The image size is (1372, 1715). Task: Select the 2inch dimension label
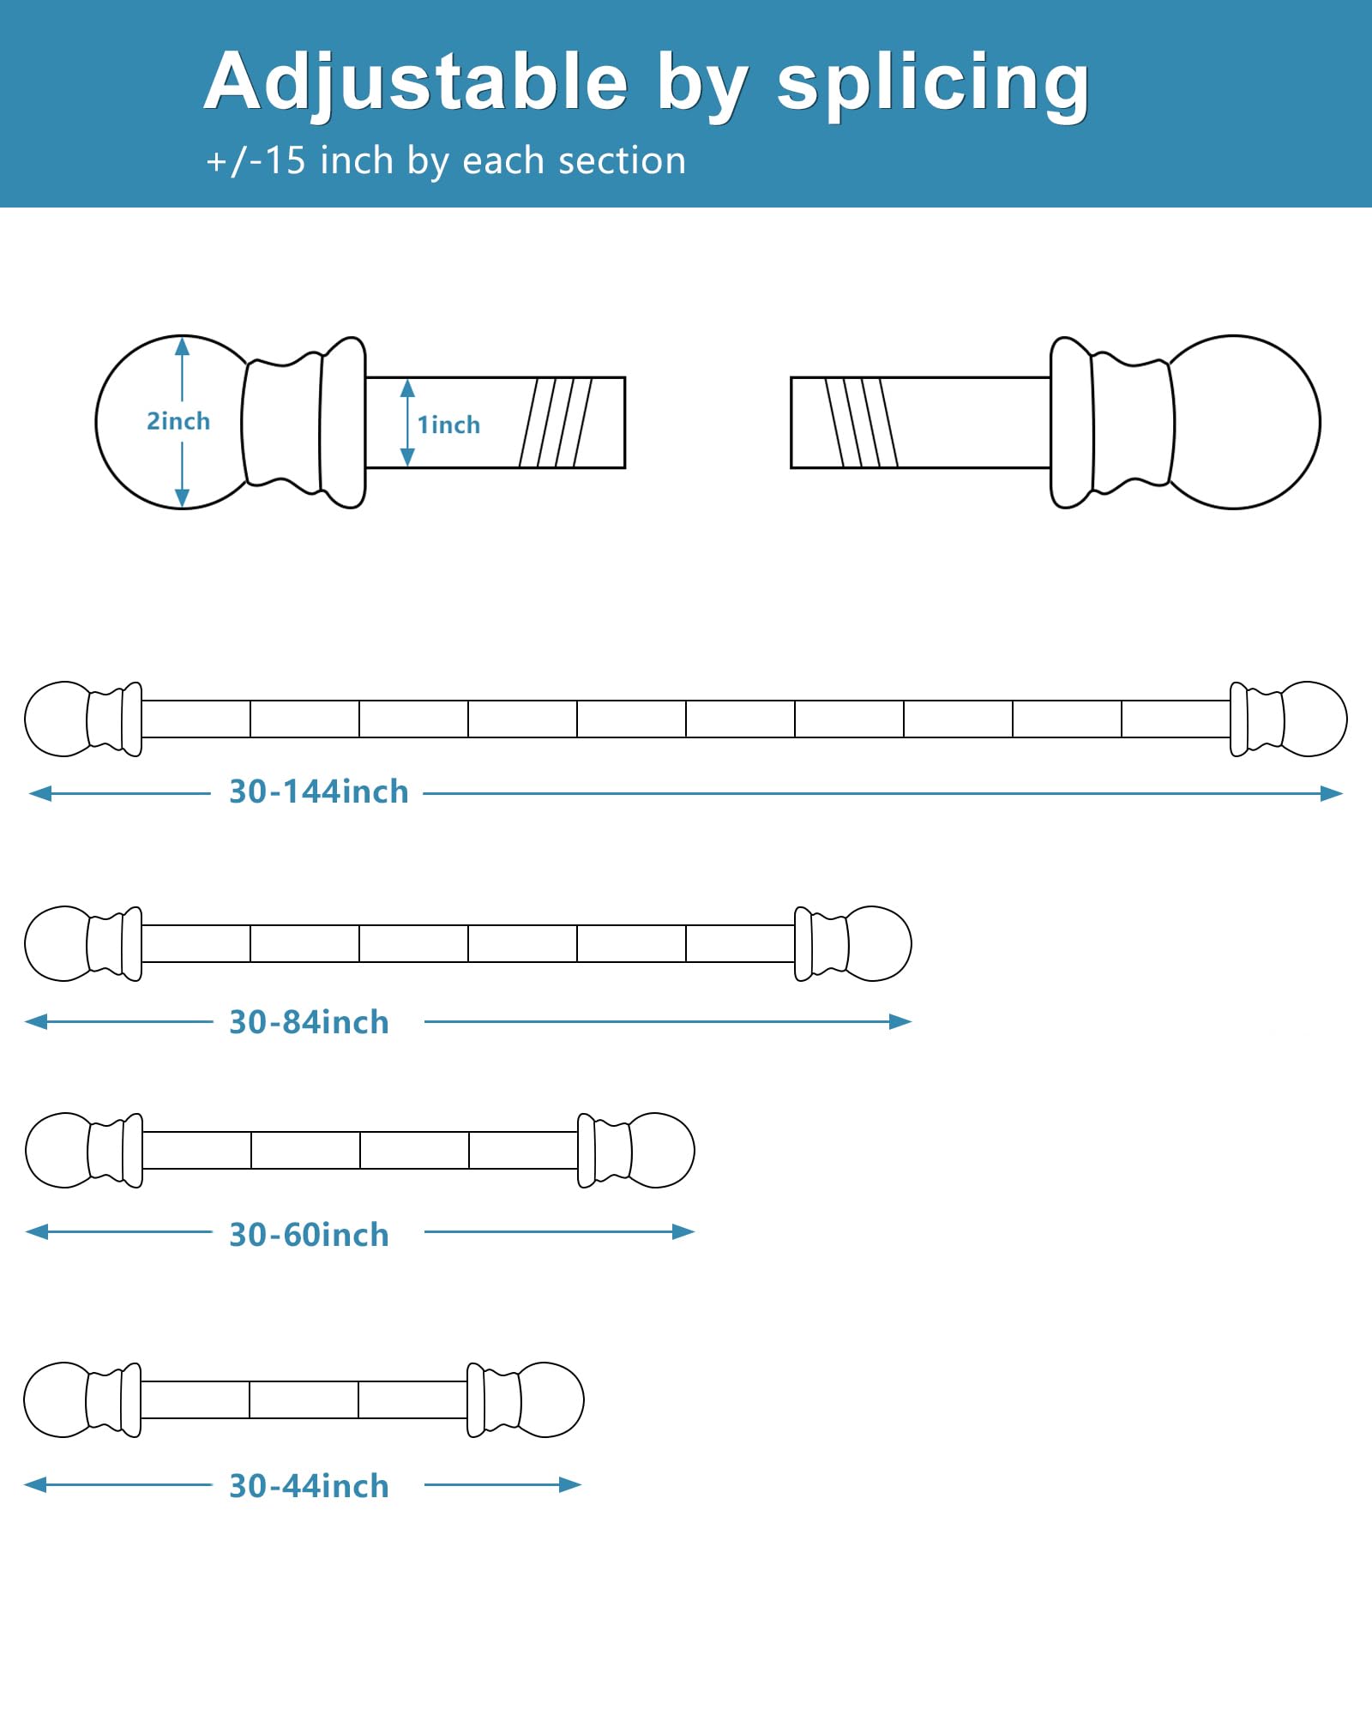pos(178,421)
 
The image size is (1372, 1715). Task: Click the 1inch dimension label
pos(448,424)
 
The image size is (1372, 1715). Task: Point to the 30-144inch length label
pos(319,792)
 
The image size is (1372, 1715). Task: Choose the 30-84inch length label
pos(309,1022)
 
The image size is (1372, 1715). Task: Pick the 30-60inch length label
pos(309,1235)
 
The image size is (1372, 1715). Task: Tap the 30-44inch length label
pos(309,1486)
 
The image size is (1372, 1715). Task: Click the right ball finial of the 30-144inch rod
pos(1314,719)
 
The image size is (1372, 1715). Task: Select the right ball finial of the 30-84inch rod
pos(878,943)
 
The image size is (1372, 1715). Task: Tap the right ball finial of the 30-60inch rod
pos(662,1150)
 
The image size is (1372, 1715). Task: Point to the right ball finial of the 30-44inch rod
pos(551,1399)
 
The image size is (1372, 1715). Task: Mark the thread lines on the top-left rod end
pos(556,422)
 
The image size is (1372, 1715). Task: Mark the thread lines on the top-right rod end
pos(861,422)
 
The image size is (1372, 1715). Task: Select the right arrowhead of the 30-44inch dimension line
pos(571,1484)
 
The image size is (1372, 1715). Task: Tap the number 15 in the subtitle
pos(285,161)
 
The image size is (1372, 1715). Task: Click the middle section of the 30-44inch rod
pos(304,1399)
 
